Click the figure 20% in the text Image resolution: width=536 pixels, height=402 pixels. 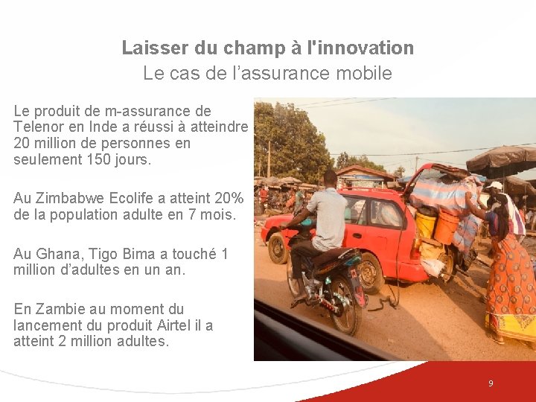point(227,199)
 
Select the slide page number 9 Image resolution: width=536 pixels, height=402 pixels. point(491,383)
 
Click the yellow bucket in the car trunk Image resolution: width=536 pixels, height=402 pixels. point(426,223)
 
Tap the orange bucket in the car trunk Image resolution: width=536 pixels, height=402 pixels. point(447,227)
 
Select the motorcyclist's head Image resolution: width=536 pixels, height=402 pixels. point(330,178)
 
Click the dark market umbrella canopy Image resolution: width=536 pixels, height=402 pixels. point(502,159)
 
